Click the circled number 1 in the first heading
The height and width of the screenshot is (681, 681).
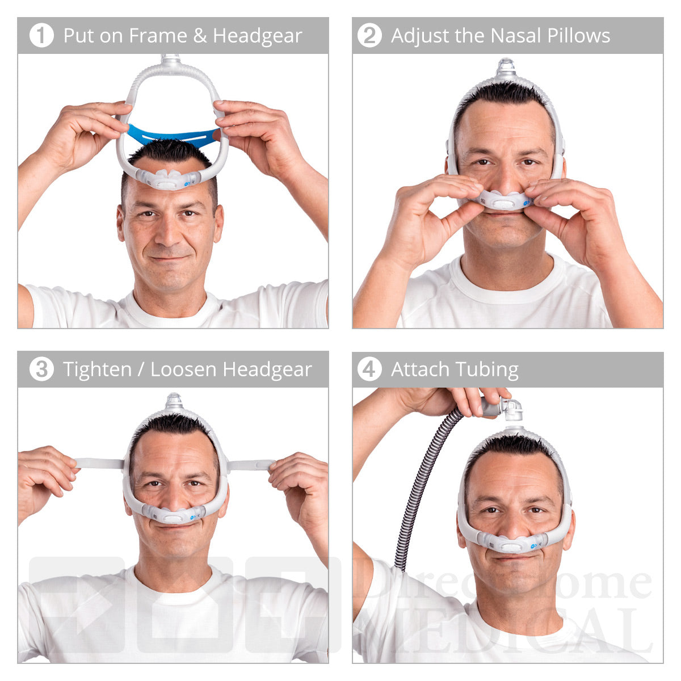click(x=41, y=36)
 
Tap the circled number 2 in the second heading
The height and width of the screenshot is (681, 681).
click(x=369, y=36)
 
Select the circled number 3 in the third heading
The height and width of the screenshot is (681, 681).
click(x=41, y=369)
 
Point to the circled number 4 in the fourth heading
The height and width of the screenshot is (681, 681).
click(x=369, y=369)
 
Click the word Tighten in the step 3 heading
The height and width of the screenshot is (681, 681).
click(x=97, y=370)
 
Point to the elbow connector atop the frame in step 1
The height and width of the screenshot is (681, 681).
click(x=170, y=60)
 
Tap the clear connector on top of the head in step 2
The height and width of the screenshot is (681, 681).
click(x=505, y=68)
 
